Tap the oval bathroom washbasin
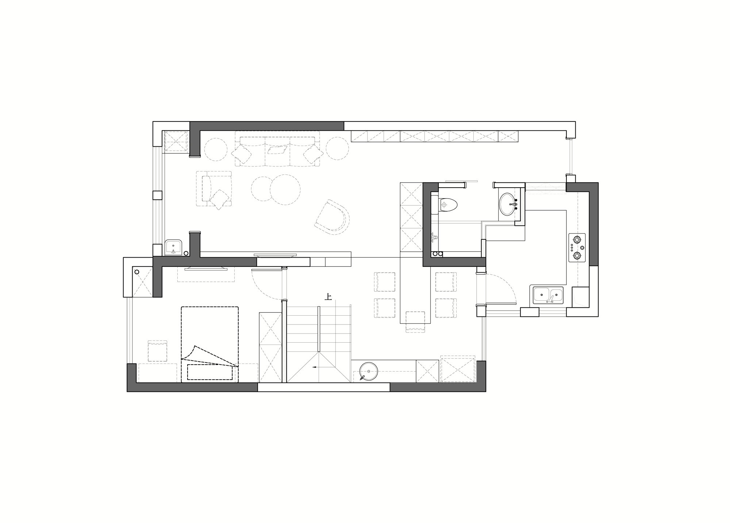(x=508, y=204)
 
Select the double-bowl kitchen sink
(x=548, y=295)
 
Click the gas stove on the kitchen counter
(x=577, y=247)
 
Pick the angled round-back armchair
(x=332, y=217)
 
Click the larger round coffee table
(x=285, y=189)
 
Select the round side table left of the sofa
(x=216, y=150)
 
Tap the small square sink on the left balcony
(x=173, y=247)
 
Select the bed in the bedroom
(x=210, y=344)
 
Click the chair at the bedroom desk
(x=157, y=351)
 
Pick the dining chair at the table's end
(x=415, y=322)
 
